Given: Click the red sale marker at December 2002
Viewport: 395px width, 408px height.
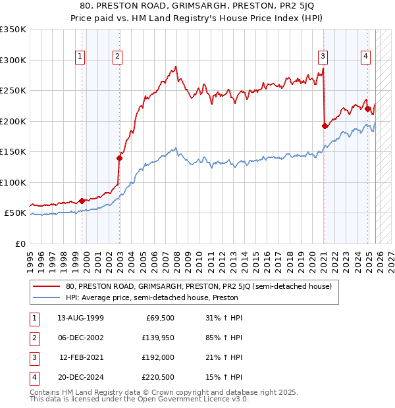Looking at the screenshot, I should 120,158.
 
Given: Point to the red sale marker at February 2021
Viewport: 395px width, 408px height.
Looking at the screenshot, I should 325,126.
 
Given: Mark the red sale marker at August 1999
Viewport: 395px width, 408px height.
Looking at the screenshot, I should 82,201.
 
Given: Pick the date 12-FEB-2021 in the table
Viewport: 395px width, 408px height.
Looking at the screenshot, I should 82,358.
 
